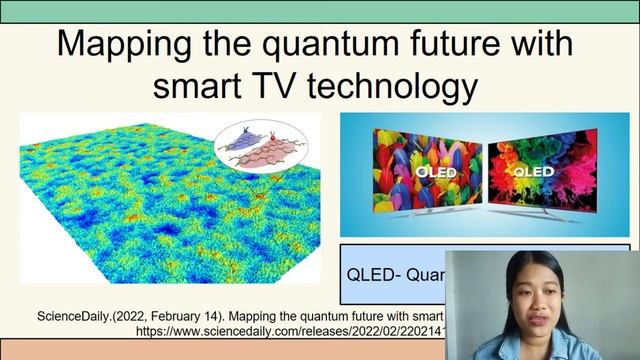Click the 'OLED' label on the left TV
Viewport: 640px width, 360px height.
point(428,170)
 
